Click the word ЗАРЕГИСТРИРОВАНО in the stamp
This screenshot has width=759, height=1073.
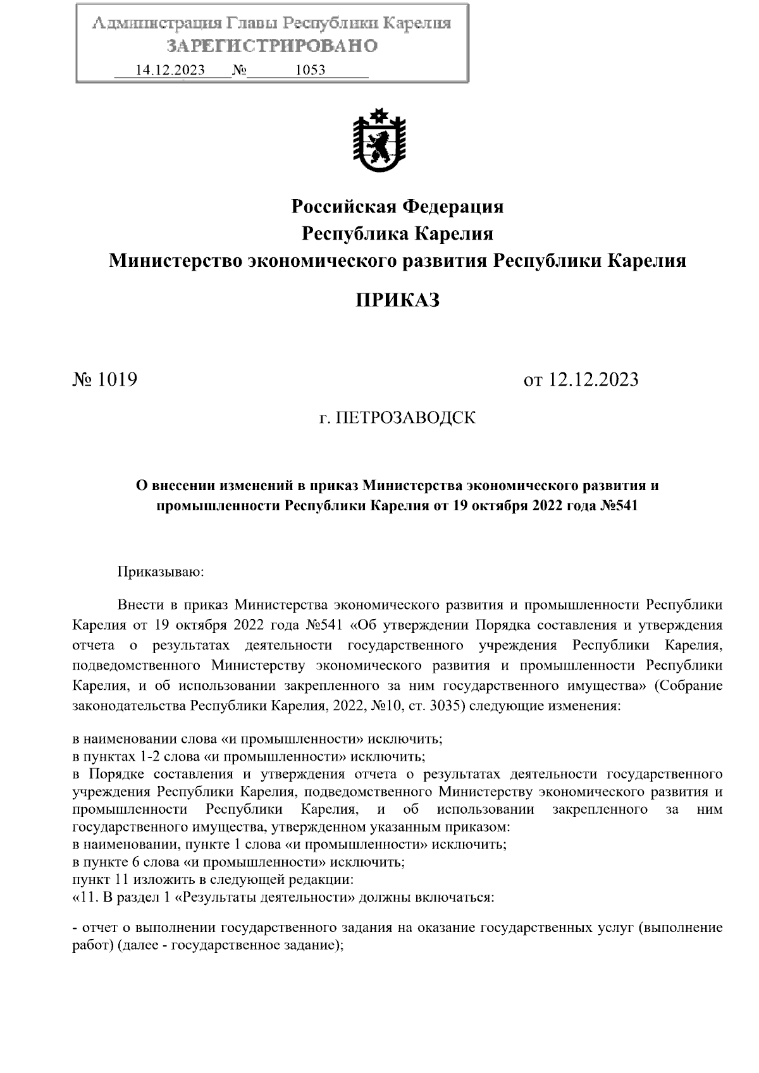(272, 46)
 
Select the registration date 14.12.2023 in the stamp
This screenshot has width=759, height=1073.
(170, 70)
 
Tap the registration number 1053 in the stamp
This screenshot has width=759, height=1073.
(310, 70)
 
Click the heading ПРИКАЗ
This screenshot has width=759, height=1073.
(397, 300)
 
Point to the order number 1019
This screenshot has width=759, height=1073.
(116, 380)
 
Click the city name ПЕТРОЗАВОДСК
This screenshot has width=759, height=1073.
(405, 418)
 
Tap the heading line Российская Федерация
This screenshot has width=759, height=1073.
(397, 207)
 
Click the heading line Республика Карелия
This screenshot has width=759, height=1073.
(397, 234)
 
